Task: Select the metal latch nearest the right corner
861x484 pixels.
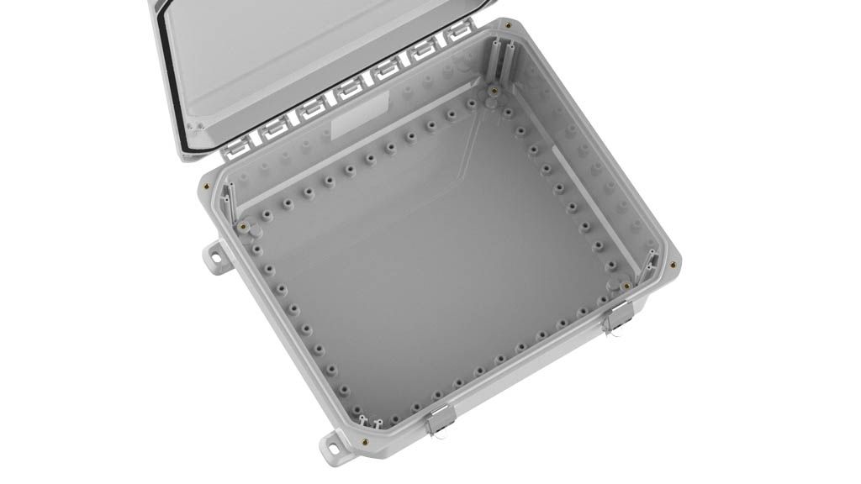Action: click(620, 315)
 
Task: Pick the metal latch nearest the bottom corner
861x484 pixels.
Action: click(439, 418)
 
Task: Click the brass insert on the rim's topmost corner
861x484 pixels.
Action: click(509, 26)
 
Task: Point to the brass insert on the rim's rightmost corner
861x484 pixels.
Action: click(673, 264)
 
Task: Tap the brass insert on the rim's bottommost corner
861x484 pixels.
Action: click(363, 439)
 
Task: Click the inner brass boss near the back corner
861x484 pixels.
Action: click(494, 91)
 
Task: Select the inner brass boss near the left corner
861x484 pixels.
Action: click(242, 226)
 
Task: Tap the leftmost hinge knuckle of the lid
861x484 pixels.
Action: click(236, 147)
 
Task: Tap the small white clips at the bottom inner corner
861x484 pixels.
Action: click(370, 420)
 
